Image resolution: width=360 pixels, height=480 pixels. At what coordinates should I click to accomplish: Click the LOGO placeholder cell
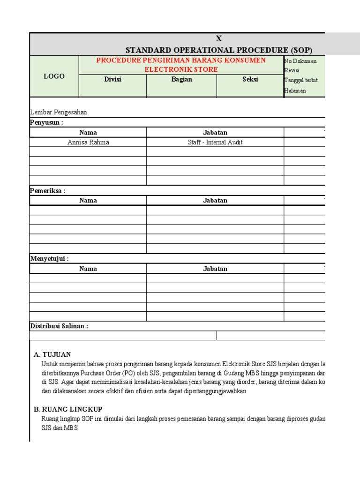(54, 76)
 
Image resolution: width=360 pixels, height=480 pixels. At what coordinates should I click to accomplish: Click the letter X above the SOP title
(218, 39)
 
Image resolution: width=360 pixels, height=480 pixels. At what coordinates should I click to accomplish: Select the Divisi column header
(112, 79)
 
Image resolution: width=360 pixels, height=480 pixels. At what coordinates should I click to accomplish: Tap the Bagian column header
(181, 79)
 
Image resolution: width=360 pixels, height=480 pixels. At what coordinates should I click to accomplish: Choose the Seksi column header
(250, 79)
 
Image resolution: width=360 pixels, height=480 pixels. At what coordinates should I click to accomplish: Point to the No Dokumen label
(300, 61)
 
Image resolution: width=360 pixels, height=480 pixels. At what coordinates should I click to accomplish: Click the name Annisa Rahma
(88, 142)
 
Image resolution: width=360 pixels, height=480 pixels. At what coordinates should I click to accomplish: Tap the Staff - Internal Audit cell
(215, 142)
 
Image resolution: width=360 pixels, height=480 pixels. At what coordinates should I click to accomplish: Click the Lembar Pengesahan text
(59, 112)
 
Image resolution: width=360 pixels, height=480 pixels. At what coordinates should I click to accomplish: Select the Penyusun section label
(46, 122)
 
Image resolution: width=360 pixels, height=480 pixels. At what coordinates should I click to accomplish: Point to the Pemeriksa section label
(48, 191)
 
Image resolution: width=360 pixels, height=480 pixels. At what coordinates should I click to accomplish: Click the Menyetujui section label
(49, 259)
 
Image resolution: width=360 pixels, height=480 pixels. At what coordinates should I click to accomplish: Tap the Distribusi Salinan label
(59, 326)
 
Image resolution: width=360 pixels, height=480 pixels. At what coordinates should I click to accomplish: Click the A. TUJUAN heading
(52, 354)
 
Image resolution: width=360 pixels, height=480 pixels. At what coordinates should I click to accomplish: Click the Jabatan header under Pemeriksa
(215, 201)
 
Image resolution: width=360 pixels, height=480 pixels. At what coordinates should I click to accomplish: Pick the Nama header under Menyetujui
(88, 269)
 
